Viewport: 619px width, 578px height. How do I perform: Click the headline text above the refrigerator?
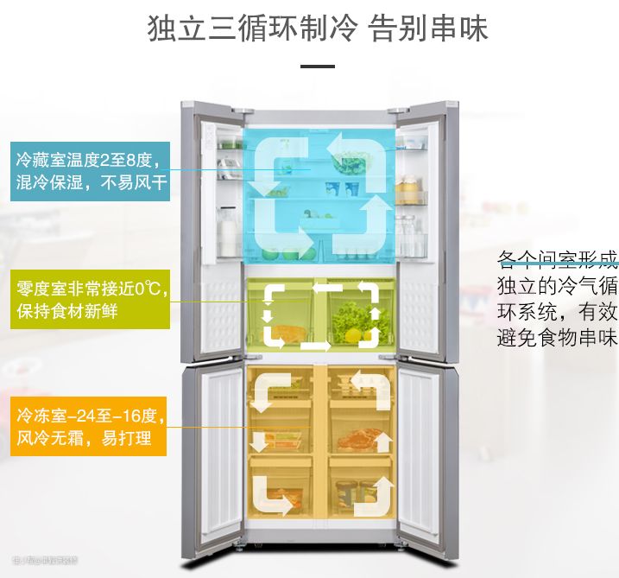[318, 29]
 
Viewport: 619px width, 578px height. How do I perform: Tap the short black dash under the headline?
[317, 67]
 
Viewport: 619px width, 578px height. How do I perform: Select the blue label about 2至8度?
[89, 171]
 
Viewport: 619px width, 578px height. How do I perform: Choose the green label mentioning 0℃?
[90, 299]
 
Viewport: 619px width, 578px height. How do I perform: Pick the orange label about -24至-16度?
[89, 427]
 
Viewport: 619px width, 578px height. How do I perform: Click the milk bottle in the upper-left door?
[229, 233]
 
